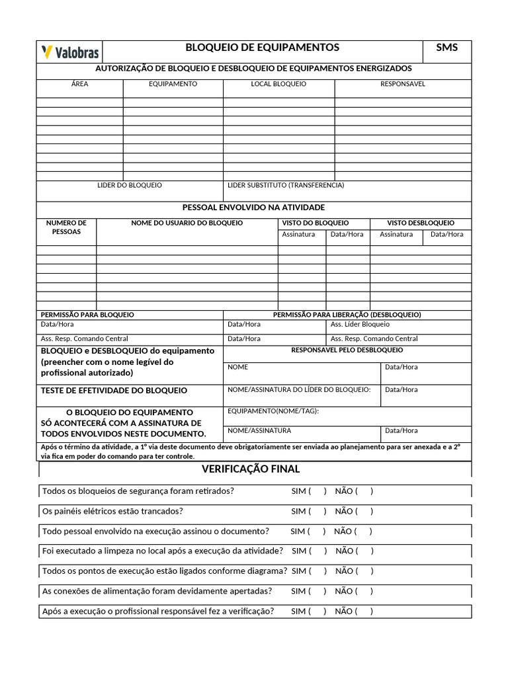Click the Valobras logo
click(x=69, y=52)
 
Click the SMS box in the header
click(x=446, y=48)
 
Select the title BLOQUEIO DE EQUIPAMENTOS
click(x=263, y=48)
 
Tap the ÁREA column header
click(x=79, y=84)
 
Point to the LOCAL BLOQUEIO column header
click(x=278, y=84)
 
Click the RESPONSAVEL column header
click(x=402, y=84)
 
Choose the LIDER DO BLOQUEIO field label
click(x=130, y=185)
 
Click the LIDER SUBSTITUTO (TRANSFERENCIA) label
click(x=286, y=185)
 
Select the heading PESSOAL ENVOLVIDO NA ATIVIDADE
click(x=253, y=207)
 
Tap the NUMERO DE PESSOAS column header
click(x=66, y=227)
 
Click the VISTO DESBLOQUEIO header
click(x=421, y=223)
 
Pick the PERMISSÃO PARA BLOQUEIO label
click(x=87, y=315)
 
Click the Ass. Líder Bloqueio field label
click(x=360, y=325)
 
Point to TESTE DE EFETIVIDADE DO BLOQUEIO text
click(x=114, y=391)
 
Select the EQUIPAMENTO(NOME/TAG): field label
click(x=273, y=411)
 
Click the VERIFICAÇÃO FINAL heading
click(x=251, y=469)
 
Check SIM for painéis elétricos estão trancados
click(x=316, y=511)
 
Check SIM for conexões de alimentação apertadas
click(x=316, y=591)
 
